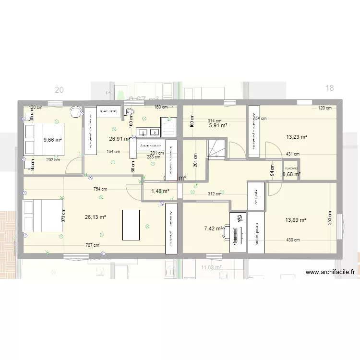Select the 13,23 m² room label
(x=296, y=137)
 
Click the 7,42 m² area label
(x=213, y=228)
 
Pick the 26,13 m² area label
(x=95, y=217)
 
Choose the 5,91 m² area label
(x=217, y=126)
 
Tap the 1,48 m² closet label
(x=160, y=191)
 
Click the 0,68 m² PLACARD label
(x=291, y=174)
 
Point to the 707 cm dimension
(x=93, y=245)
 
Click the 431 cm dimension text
(x=292, y=154)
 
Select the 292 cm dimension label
(x=53, y=160)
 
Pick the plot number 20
(x=59, y=90)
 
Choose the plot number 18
(x=329, y=88)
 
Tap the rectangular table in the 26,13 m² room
(x=132, y=224)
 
